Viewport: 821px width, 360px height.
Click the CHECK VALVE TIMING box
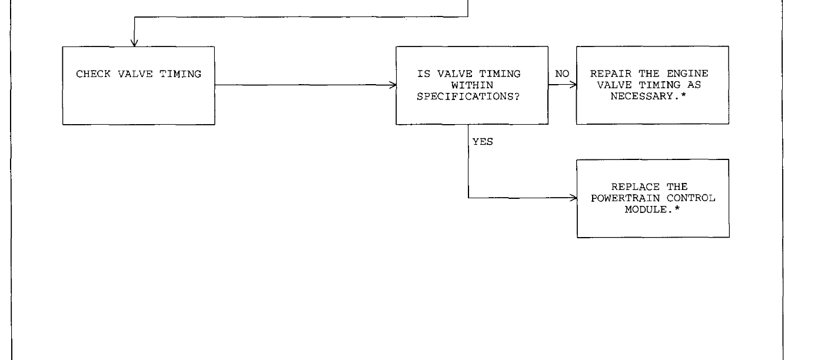139,85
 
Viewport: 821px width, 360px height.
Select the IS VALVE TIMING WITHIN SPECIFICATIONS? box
471,85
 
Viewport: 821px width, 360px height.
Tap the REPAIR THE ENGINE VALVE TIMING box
652,85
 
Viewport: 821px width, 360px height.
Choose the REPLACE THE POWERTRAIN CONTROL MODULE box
652,198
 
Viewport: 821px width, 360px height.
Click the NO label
561,75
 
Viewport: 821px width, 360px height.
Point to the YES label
482,141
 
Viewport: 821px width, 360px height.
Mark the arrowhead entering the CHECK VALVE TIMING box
135,42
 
